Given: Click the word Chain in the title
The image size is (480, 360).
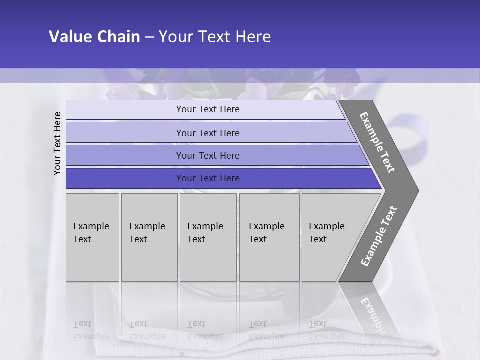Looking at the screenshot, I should coord(118,37).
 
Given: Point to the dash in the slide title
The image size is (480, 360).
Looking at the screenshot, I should coord(149,37).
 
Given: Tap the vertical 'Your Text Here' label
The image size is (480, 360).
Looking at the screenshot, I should coord(57,143).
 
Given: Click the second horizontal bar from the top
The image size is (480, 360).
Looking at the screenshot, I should coord(208,133).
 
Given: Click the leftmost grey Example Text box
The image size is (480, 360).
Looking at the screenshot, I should coord(92,237).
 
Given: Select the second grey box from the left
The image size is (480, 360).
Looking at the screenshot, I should coord(149,237).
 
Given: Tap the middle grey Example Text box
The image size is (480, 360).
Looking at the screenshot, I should coord(208,237).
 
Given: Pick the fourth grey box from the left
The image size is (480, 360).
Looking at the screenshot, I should coord(269,237).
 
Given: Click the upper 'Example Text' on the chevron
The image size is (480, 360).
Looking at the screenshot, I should coord(377,142).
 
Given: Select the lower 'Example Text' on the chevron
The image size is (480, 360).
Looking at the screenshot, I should coord(379,236).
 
